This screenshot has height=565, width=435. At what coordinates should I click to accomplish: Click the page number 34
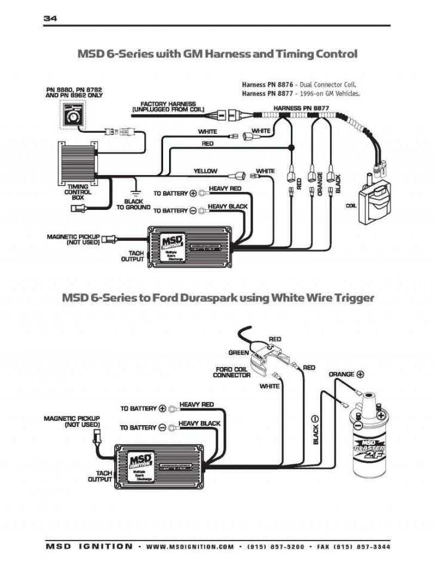tap(50, 19)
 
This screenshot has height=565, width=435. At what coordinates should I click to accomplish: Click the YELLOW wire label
tap(205, 171)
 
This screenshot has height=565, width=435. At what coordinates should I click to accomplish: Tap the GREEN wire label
tap(238, 352)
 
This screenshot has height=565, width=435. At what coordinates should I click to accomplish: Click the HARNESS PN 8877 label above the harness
tap(301, 108)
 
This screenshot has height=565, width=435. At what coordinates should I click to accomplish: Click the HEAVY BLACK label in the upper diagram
tap(228, 207)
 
